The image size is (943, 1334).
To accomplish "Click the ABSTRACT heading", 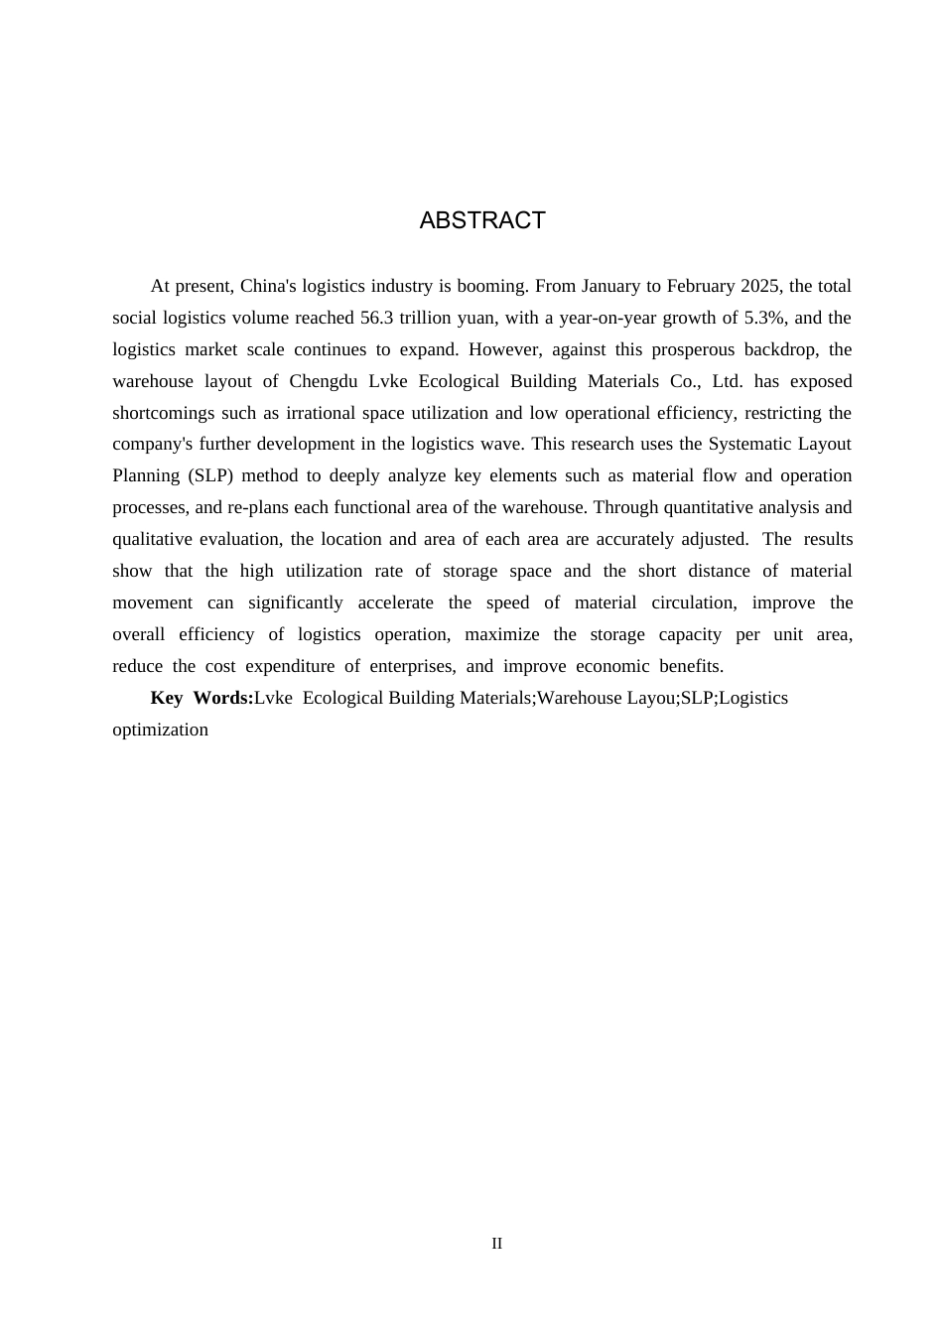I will coord(482,220).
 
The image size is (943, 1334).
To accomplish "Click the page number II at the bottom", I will coord(497,1244).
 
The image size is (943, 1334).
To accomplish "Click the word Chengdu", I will coord(324,381).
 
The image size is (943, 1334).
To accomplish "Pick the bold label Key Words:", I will coord(202,698).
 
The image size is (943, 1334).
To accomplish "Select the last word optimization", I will coord(160,730).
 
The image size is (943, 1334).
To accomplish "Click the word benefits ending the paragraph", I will coord(691,666).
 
